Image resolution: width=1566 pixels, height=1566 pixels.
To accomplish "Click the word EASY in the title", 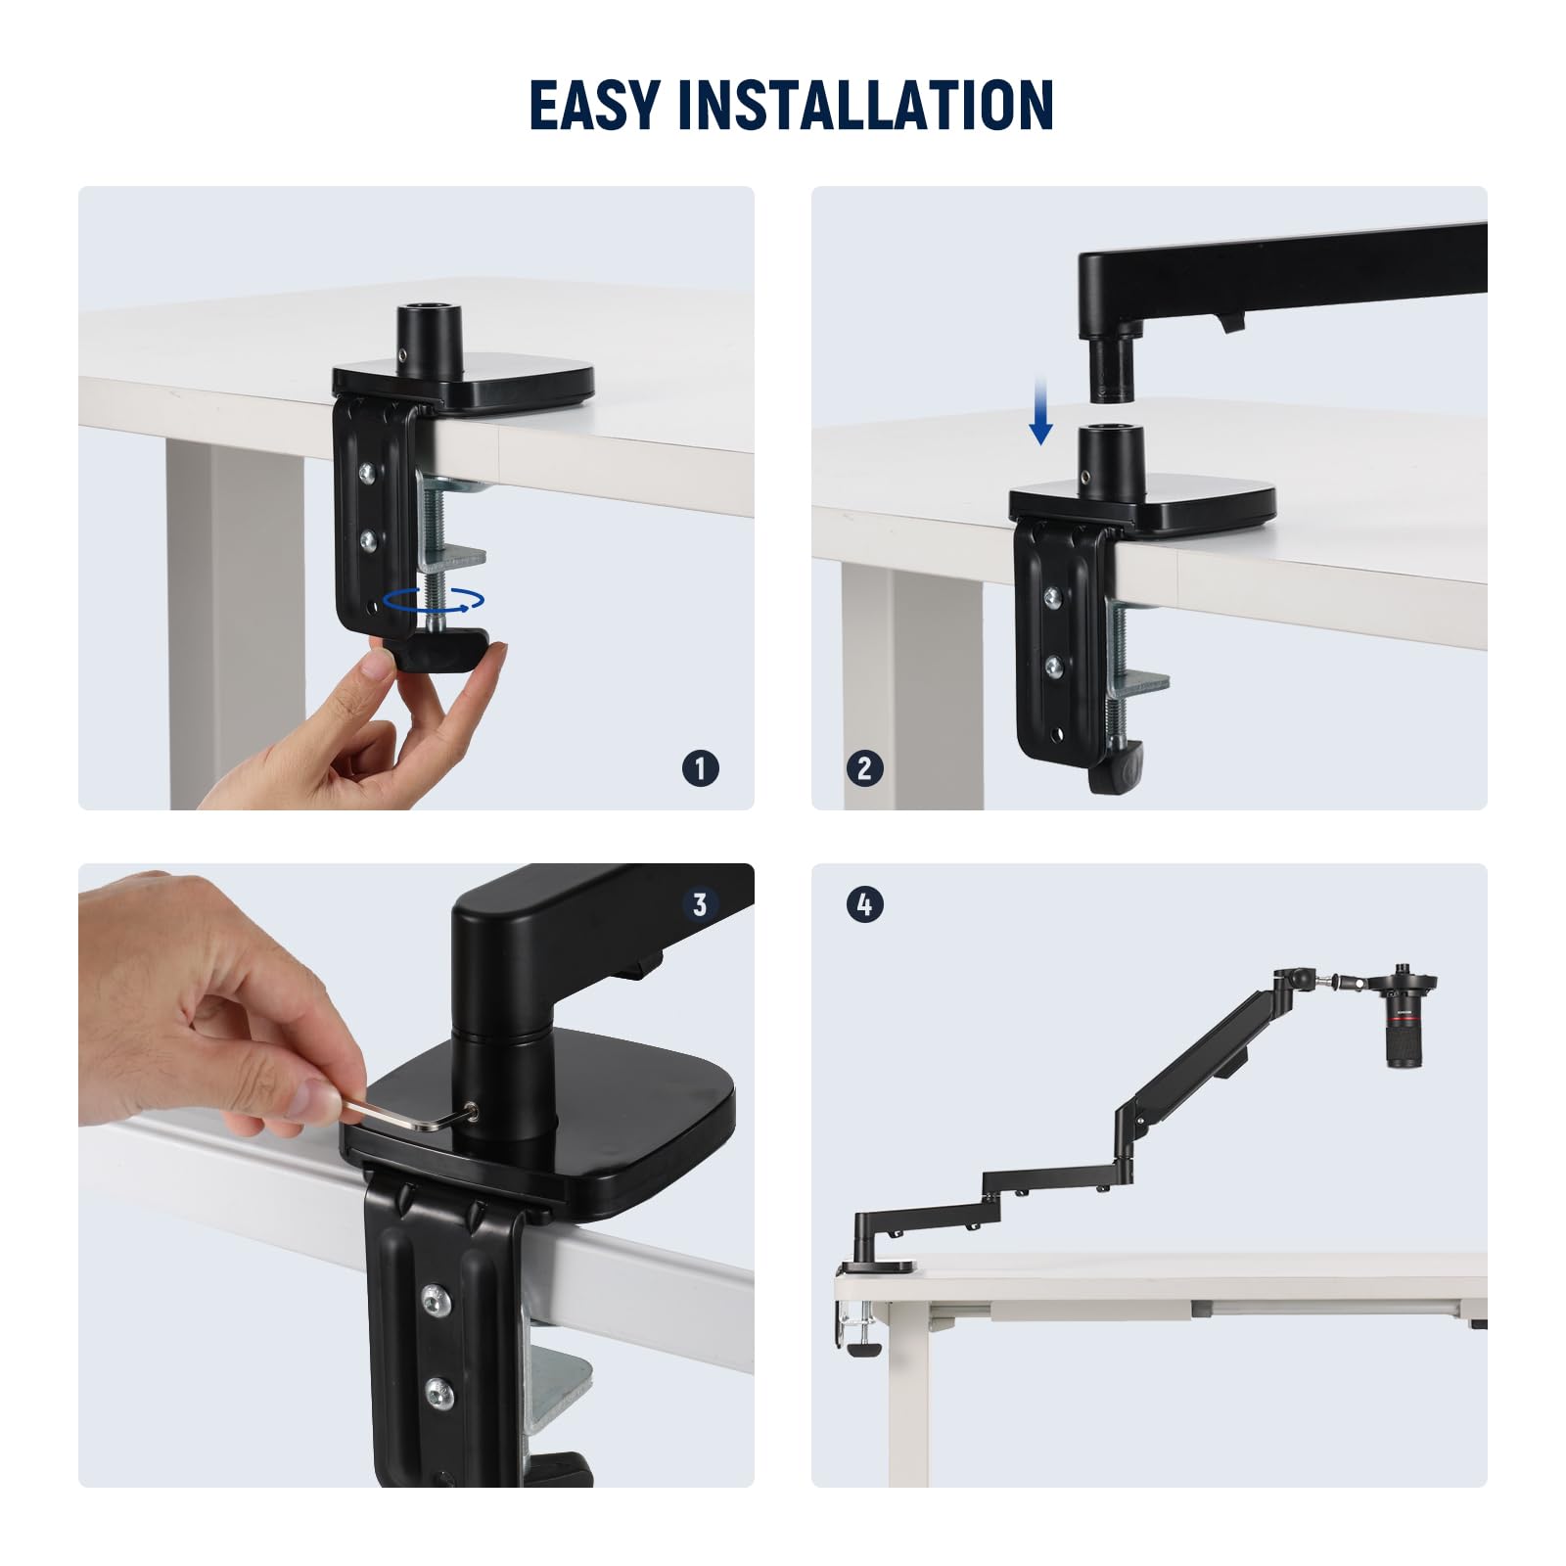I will [594, 105].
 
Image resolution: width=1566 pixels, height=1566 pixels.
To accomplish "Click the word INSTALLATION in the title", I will [864, 105].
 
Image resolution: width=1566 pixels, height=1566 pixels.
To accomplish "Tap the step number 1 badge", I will [701, 768].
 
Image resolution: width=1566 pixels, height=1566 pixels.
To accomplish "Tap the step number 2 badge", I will [864, 768].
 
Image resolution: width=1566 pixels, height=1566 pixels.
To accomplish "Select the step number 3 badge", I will [700, 904].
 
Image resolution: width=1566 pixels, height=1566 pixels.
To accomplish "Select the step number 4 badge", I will [864, 904].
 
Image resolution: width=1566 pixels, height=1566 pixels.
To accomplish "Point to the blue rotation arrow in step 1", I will [434, 600].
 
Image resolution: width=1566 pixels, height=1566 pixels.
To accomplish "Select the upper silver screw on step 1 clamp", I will [369, 473].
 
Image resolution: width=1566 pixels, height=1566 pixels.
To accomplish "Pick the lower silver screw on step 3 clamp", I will [438, 1391].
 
